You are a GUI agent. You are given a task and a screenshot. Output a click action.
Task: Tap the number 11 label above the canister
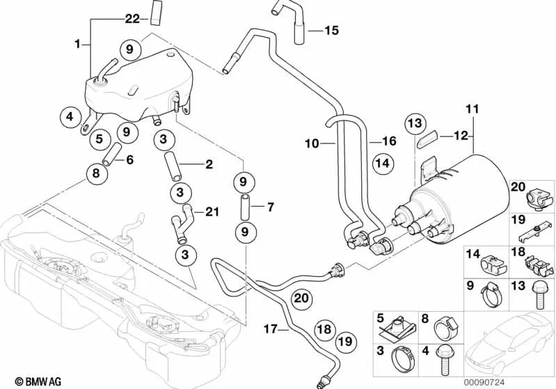click(x=472, y=109)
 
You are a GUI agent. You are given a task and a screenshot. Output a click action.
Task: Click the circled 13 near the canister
click(x=414, y=123)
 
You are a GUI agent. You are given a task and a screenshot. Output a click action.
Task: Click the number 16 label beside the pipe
click(x=388, y=141)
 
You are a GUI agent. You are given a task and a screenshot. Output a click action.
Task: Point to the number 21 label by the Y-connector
click(x=212, y=211)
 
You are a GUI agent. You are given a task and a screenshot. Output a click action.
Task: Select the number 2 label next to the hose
click(x=208, y=165)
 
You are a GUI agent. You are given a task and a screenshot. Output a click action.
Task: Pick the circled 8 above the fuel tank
click(x=95, y=173)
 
